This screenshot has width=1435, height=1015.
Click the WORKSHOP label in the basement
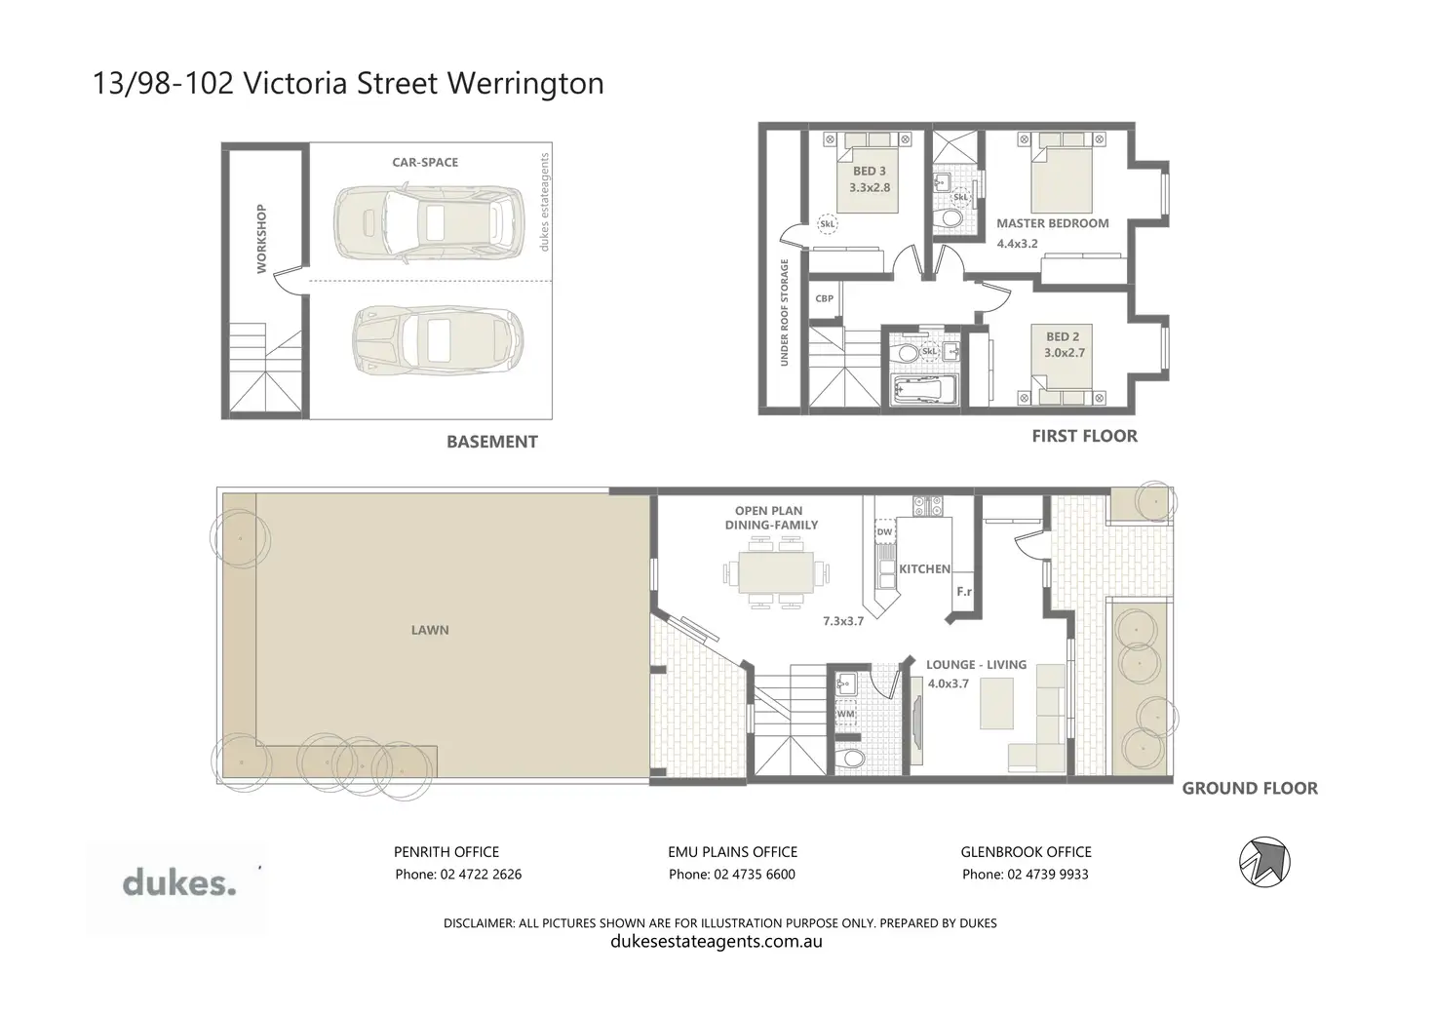tap(261, 239)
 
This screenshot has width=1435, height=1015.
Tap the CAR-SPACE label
tap(425, 163)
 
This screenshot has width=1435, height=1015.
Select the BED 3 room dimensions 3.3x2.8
tap(870, 188)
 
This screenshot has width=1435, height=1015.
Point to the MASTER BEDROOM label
tap(1053, 223)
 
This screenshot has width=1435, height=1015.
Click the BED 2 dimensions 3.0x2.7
tap(1065, 352)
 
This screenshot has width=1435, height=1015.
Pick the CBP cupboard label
tap(825, 298)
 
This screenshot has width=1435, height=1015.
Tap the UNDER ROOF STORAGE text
tap(784, 313)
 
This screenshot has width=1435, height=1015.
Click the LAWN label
tap(430, 631)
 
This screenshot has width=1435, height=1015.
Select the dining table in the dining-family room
tap(776, 572)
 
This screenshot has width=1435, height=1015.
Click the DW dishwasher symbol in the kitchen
tap(885, 531)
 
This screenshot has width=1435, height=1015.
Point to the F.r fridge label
tap(964, 592)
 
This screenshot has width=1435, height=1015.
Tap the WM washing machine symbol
tap(845, 713)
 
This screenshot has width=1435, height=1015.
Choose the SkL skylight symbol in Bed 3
tap(828, 224)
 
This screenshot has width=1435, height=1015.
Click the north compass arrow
tap(1265, 863)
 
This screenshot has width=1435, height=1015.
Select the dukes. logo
tap(178, 882)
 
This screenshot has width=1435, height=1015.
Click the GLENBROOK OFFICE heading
tap(1027, 852)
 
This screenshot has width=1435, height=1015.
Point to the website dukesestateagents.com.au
tap(717, 941)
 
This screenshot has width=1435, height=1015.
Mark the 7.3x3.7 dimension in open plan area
tap(843, 621)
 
